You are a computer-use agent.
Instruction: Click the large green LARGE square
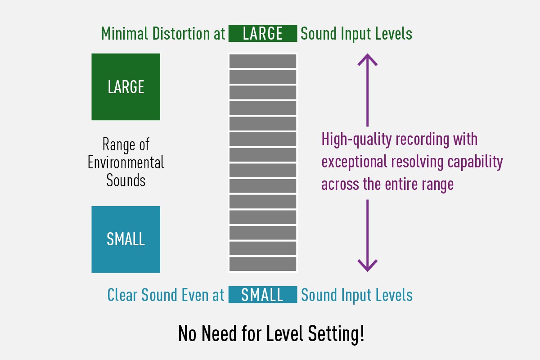[126, 87]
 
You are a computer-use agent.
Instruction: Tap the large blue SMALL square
[126, 239]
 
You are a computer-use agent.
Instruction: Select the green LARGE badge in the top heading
[263, 34]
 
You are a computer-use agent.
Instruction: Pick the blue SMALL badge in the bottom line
[263, 295]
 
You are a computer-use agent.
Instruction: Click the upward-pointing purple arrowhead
[367, 59]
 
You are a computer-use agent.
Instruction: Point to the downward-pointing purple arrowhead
[367, 265]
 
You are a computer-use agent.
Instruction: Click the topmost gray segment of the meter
[263, 61]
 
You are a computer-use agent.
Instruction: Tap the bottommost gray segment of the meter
[263, 264]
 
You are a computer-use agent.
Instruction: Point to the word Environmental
[126, 162]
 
